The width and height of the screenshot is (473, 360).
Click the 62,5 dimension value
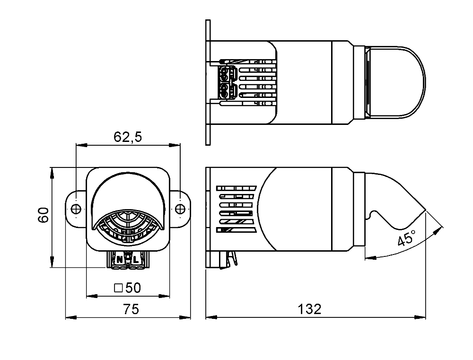[x=128, y=137]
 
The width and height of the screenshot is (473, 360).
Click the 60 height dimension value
[x=44, y=215]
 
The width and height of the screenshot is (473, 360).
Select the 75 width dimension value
[x=131, y=309]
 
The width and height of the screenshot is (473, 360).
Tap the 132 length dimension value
[x=309, y=309]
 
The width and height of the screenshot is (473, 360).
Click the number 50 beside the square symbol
[x=133, y=288]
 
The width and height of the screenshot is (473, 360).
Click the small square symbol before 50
[x=119, y=288]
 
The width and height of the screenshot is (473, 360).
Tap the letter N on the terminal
[x=120, y=260]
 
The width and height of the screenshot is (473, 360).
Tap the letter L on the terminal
[x=136, y=260]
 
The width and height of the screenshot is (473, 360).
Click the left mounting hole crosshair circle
[x=76, y=209]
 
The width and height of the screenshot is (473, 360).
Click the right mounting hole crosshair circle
[x=180, y=209]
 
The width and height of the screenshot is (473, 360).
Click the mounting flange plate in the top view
[x=208, y=82]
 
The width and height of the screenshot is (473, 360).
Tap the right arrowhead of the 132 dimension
[x=420, y=317]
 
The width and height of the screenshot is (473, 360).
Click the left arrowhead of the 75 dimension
[x=71, y=317]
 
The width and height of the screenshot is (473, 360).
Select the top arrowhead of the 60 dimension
[x=52, y=173]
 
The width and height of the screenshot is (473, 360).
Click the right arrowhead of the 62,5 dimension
[x=175, y=145]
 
